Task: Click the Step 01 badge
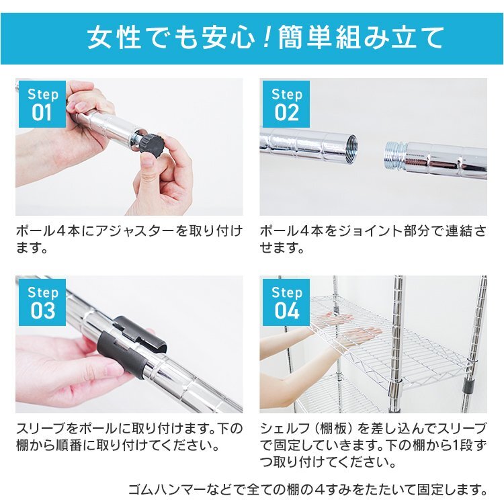coord(42,103)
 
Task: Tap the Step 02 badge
coord(286,103)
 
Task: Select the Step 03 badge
coord(42,302)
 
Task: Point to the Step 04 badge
coord(286,302)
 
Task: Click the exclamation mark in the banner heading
coord(265,37)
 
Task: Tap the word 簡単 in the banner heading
coord(308,37)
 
